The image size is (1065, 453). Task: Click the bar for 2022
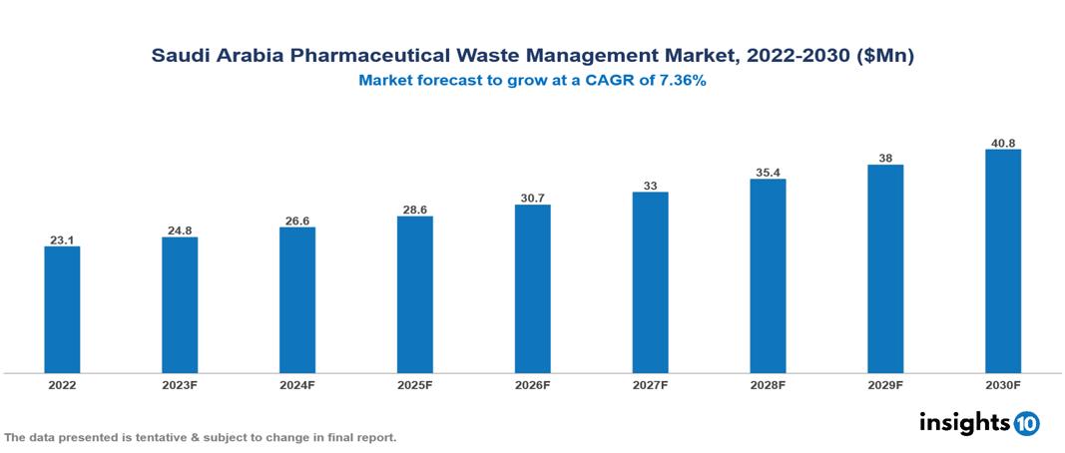point(62,309)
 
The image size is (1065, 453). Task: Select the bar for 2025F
point(415,294)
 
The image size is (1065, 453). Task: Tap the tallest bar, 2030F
point(1003,261)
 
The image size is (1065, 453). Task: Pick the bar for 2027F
point(651,282)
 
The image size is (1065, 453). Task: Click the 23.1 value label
point(62,240)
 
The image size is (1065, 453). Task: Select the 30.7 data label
point(533,199)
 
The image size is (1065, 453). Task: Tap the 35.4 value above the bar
point(769,173)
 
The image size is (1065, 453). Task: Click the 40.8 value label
point(1003,143)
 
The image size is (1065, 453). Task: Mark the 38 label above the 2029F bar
point(885,158)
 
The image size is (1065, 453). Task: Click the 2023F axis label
point(180,384)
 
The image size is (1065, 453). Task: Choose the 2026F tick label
point(533,384)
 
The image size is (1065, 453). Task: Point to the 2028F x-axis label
point(769,384)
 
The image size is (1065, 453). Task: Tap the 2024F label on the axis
point(297,384)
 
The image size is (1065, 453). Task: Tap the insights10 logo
point(979,423)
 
